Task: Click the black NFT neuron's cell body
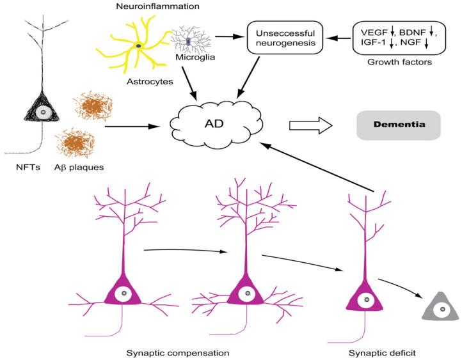[x=43, y=113]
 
